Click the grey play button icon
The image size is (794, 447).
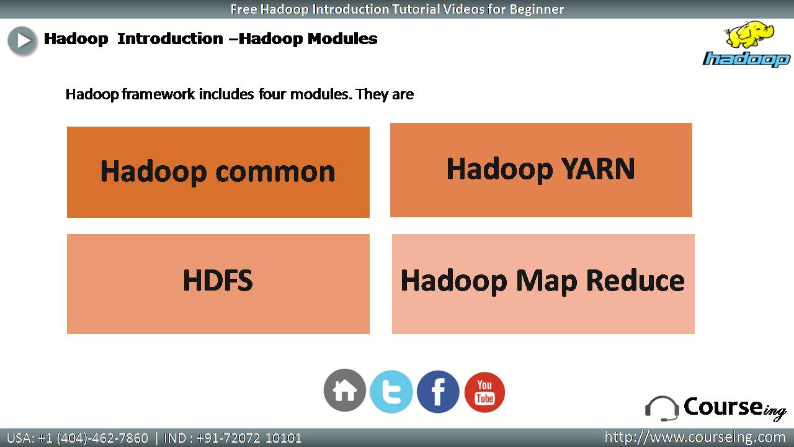[22, 40]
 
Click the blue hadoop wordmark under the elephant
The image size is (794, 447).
[746, 59]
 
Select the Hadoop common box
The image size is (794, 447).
[218, 172]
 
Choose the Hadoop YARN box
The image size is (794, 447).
[541, 170]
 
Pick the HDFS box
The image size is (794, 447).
[218, 284]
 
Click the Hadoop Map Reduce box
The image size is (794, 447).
[543, 284]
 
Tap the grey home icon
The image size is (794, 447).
[344, 391]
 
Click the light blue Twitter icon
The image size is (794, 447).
[391, 392]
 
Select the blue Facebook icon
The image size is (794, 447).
[438, 392]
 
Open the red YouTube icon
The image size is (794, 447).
[484, 392]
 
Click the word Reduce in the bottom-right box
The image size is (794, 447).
[635, 281]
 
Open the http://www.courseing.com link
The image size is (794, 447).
[695, 438]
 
